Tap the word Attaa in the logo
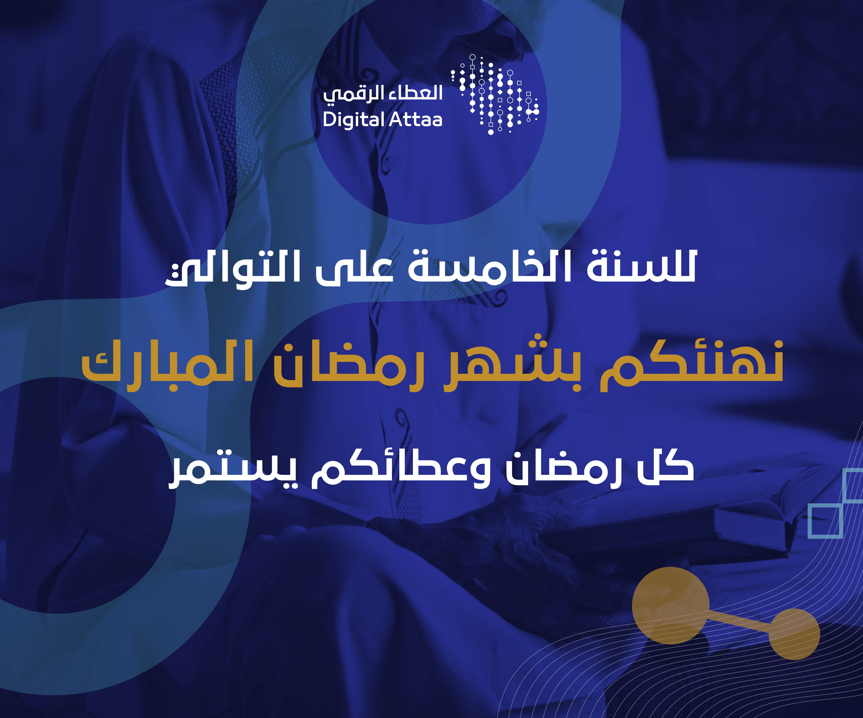[x=415, y=120]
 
